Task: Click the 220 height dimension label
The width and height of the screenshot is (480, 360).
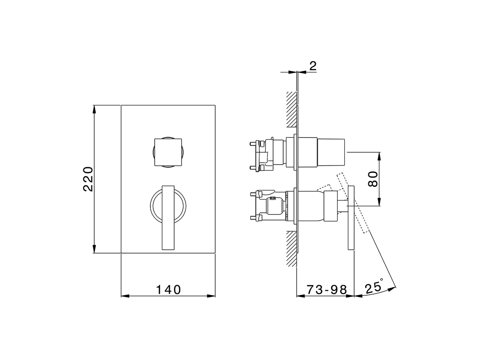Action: (88, 179)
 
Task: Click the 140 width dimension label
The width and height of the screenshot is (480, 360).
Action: (168, 289)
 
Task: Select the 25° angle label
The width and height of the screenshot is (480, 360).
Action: (373, 287)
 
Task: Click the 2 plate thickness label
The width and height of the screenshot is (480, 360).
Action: (313, 66)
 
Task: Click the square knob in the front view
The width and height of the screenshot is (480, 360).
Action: (168, 152)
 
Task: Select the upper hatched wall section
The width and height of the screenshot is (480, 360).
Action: (291, 109)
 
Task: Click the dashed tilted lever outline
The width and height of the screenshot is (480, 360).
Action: (352, 204)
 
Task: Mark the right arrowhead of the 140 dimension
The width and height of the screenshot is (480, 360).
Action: (212, 296)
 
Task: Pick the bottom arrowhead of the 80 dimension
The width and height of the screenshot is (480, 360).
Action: (379, 203)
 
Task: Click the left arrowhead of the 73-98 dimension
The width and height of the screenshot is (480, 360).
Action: (300, 296)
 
